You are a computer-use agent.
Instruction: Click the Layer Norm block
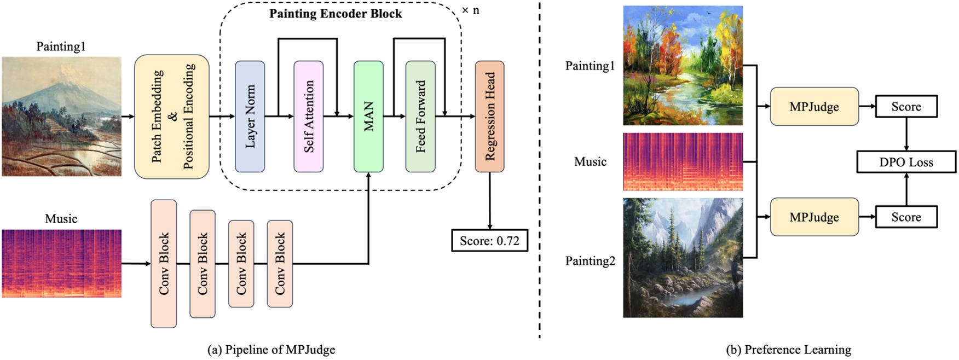click(250, 117)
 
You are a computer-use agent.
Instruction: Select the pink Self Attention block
click(309, 117)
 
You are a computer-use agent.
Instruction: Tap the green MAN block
click(368, 117)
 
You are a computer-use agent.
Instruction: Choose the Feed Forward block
click(420, 117)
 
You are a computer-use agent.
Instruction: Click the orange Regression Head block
click(489, 117)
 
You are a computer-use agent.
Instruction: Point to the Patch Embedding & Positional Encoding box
click(172, 117)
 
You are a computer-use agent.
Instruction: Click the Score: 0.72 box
click(489, 241)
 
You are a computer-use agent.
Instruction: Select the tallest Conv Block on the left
click(164, 264)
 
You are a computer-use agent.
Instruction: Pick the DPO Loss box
click(906, 162)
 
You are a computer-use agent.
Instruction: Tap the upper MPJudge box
click(814, 107)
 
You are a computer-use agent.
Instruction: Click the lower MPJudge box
click(814, 217)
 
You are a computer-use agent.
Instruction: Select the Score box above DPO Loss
click(906, 107)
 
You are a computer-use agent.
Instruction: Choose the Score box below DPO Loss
click(906, 217)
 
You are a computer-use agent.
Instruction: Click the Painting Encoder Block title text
click(336, 14)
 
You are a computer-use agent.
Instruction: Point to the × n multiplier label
click(470, 10)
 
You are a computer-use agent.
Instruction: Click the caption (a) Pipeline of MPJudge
click(271, 350)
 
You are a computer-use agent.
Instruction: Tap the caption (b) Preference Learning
click(788, 350)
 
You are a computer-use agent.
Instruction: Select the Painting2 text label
click(590, 261)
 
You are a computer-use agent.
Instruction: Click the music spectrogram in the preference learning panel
click(683, 161)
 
